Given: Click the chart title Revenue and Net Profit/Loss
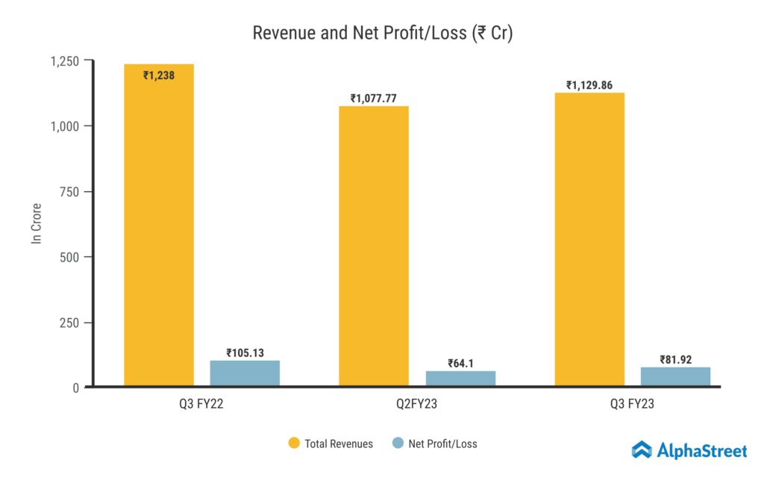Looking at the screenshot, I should pos(382,33).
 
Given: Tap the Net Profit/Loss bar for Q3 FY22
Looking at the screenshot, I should pos(245,373).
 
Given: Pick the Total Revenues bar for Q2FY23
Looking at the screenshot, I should pos(374,246).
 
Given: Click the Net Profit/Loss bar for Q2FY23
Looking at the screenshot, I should pos(460,379).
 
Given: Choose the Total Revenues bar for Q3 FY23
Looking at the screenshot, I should pos(589,239).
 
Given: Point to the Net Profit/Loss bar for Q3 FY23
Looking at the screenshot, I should pos(675,376).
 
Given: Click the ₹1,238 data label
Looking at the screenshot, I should pos(159,75).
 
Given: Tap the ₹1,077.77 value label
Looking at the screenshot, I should pos(374,98).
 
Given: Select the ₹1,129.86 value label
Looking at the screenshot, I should pos(589,85).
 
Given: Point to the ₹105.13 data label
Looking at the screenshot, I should pos(245,353).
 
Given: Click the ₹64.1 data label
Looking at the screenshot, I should pos(460,364).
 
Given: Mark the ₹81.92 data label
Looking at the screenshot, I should pos(675,359).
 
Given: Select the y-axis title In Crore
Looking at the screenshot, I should pos(35,223).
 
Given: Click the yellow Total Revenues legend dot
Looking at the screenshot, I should pos(294,444).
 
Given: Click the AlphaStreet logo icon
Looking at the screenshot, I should pos(642,450).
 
